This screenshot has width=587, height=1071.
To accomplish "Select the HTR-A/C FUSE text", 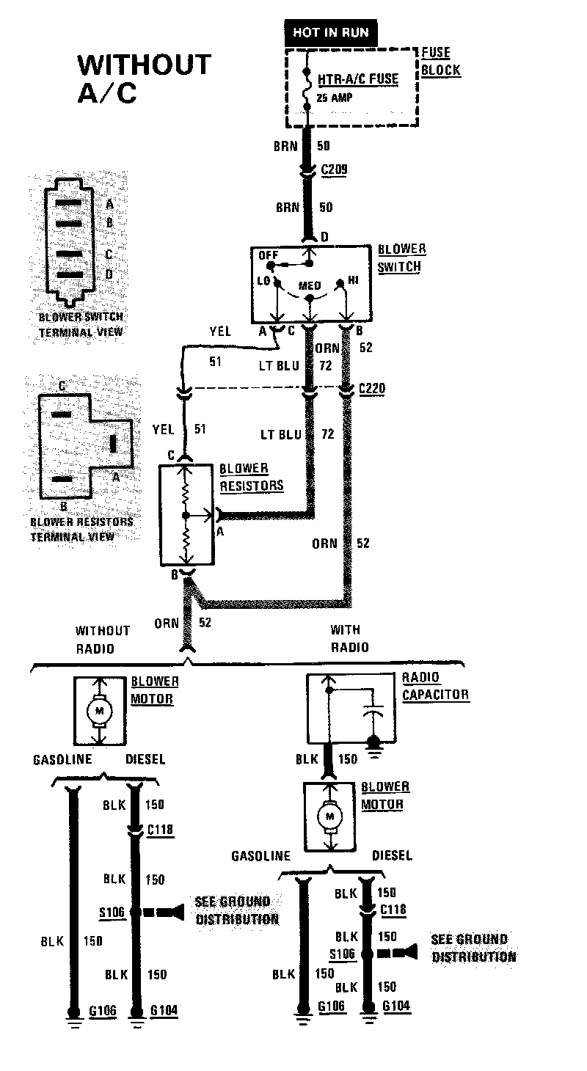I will point(357,79).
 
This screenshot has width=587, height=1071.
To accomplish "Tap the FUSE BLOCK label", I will point(440,62).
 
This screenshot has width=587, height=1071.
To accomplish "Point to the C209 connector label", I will point(334,170).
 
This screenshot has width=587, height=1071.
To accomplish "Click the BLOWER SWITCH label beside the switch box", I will point(401,258).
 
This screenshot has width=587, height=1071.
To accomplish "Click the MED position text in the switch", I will point(309,285).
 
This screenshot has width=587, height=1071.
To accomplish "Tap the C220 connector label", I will point(372,388).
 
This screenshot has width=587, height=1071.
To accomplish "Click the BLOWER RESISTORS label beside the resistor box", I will point(251,477).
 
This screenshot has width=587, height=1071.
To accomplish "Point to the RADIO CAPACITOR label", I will point(434,685).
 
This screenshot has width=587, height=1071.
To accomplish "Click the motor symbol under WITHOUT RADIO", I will point(99,710).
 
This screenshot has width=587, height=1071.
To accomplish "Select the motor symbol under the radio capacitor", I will point(329,815).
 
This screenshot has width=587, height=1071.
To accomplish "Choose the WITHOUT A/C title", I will point(144,78).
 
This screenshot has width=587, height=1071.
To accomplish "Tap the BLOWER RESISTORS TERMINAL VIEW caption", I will point(81,529).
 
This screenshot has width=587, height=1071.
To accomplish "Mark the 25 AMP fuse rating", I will point(334,97).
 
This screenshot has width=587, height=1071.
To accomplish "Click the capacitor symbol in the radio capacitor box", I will point(373,712).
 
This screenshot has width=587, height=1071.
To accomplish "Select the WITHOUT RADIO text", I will point(102,639).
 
